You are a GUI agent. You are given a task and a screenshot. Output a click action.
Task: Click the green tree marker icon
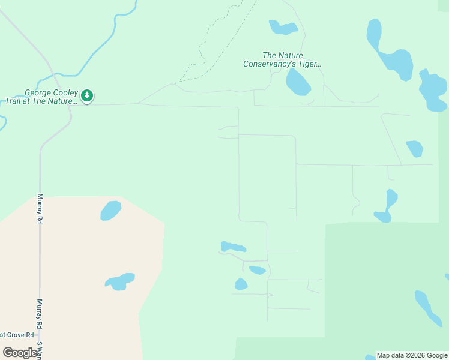tap(87, 95)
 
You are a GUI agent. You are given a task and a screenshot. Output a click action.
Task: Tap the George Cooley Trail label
tap(50, 97)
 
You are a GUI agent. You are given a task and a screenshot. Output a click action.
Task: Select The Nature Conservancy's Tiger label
tap(282, 59)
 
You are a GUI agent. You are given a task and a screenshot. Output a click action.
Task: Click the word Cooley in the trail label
tap(62, 93)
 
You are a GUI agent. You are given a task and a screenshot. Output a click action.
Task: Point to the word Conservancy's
tap(269, 64)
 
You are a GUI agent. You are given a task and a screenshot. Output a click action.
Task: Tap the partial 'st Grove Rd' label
tap(11, 335)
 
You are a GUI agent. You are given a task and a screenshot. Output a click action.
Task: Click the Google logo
tap(20, 353)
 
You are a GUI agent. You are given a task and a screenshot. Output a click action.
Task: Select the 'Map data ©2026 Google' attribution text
tap(412, 355)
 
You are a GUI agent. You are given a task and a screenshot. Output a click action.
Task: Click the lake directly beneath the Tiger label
tap(298, 82)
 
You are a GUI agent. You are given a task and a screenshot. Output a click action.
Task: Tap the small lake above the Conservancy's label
tap(283, 28)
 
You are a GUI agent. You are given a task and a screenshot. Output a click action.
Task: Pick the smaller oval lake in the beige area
tap(110, 211)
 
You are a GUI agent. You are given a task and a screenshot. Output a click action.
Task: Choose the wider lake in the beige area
tap(119, 281)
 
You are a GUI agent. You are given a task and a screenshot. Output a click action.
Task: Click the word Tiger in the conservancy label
tap(310, 64)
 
